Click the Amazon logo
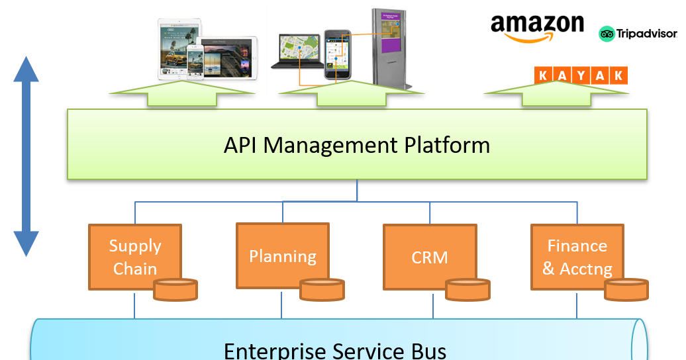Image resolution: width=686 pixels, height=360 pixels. pyautogui.click(x=536, y=29)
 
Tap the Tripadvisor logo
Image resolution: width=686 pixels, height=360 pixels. pyautogui.click(x=638, y=34)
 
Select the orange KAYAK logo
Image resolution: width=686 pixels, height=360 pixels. pyautogui.click(x=580, y=75)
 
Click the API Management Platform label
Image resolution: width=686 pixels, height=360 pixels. pyautogui.click(x=357, y=145)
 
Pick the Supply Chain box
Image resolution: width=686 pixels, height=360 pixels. pyautogui.click(x=134, y=256)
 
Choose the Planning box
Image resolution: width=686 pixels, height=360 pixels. pyautogui.click(x=283, y=255)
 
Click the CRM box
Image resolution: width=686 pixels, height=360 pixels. pyautogui.click(x=430, y=256)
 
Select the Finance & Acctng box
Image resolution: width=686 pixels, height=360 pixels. pyautogui.click(x=577, y=256)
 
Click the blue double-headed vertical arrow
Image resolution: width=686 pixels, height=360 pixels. pyautogui.click(x=26, y=157)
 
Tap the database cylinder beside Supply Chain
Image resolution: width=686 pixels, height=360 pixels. pyautogui.click(x=175, y=289)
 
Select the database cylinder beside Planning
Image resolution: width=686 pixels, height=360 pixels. pyautogui.click(x=322, y=289)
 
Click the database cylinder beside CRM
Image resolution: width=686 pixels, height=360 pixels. pyautogui.click(x=467, y=289)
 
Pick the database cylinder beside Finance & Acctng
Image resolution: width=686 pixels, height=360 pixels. pyautogui.click(x=626, y=289)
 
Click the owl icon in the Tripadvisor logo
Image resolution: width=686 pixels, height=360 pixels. pyautogui.click(x=608, y=34)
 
